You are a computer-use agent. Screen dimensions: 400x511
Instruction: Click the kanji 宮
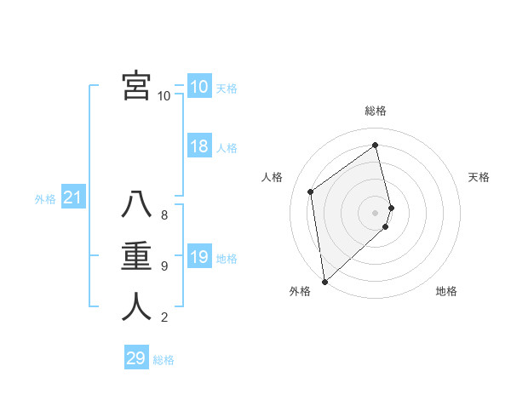click(136, 86)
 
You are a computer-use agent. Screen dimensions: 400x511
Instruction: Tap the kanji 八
click(136, 206)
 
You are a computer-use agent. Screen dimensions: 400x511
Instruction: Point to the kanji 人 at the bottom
click(136, 307)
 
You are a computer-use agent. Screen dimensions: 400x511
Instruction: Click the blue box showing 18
click(199, 146)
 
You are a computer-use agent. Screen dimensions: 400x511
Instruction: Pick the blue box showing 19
click(199, 257)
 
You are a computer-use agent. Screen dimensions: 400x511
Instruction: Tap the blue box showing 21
click(73, 198)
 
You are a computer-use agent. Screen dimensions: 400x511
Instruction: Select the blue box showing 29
click(136, 358)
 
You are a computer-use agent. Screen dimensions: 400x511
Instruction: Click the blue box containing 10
click(199, 87)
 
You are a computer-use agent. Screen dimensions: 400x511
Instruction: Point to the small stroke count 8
click(164, 215)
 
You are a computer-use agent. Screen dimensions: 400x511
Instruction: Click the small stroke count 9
click(164, 266)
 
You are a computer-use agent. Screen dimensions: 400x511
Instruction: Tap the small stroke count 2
click(164, 318)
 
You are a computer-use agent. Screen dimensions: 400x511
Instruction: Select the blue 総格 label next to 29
click(164, 360)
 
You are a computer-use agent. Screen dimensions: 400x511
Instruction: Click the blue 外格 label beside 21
click(45, 199)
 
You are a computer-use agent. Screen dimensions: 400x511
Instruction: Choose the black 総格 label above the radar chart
click(376, 111)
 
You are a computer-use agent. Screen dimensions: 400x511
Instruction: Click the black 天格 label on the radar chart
click(479, 177)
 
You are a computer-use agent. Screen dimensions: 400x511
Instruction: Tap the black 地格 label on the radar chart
click(446, 291)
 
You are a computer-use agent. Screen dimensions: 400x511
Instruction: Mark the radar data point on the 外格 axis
click(324, 281)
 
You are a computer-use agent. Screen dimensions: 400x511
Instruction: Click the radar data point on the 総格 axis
click(376, 145)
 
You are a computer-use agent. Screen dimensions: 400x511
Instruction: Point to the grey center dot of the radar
click(375, 213)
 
